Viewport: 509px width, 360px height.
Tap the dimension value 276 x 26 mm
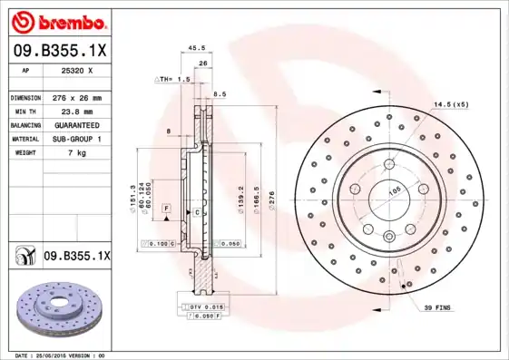tap(77, 97)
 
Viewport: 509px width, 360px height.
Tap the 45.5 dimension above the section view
tap(195, 49)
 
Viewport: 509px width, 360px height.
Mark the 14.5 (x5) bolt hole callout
tap(451, 105)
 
